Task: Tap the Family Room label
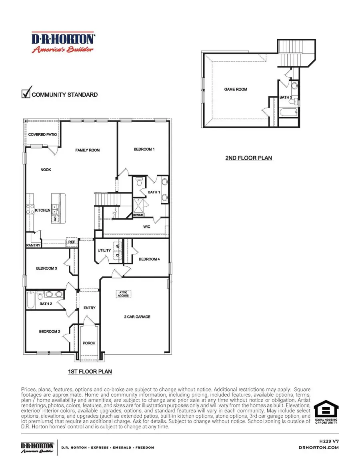coord(88,150)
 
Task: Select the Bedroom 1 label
coord(144,149)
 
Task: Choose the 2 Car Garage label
coord(137,317)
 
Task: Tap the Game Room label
coord(236,89)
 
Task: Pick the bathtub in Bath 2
coord(31,300)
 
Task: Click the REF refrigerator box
coord(72,242)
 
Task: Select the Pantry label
coord(34,245)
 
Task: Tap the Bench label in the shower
coord(138,215)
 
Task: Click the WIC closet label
coord(147,227)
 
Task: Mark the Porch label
coord(89,343)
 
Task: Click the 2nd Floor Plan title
coord(248,158)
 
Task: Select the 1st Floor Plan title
coord(90,372)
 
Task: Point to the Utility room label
coord(104,250)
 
